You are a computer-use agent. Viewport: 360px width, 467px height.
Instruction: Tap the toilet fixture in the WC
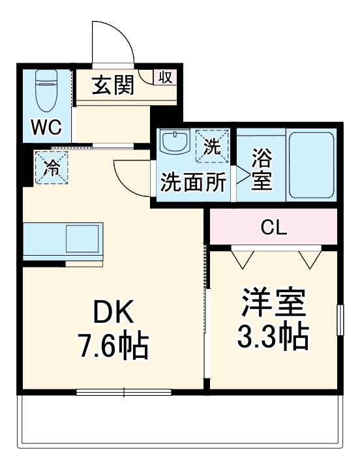[46, 91]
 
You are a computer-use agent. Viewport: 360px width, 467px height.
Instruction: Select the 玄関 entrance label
[113, 86]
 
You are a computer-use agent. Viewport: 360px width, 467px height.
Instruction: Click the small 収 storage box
[164, 78]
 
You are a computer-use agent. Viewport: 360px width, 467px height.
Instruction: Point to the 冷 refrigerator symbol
[50, 168]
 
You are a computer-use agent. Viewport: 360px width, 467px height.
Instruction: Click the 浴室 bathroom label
[262, 170]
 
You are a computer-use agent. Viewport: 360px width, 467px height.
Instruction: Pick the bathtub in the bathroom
[311, 166]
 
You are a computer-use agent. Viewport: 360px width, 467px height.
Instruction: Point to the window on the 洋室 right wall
[340, 320]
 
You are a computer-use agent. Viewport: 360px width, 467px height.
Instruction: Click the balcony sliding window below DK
[123, 392]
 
